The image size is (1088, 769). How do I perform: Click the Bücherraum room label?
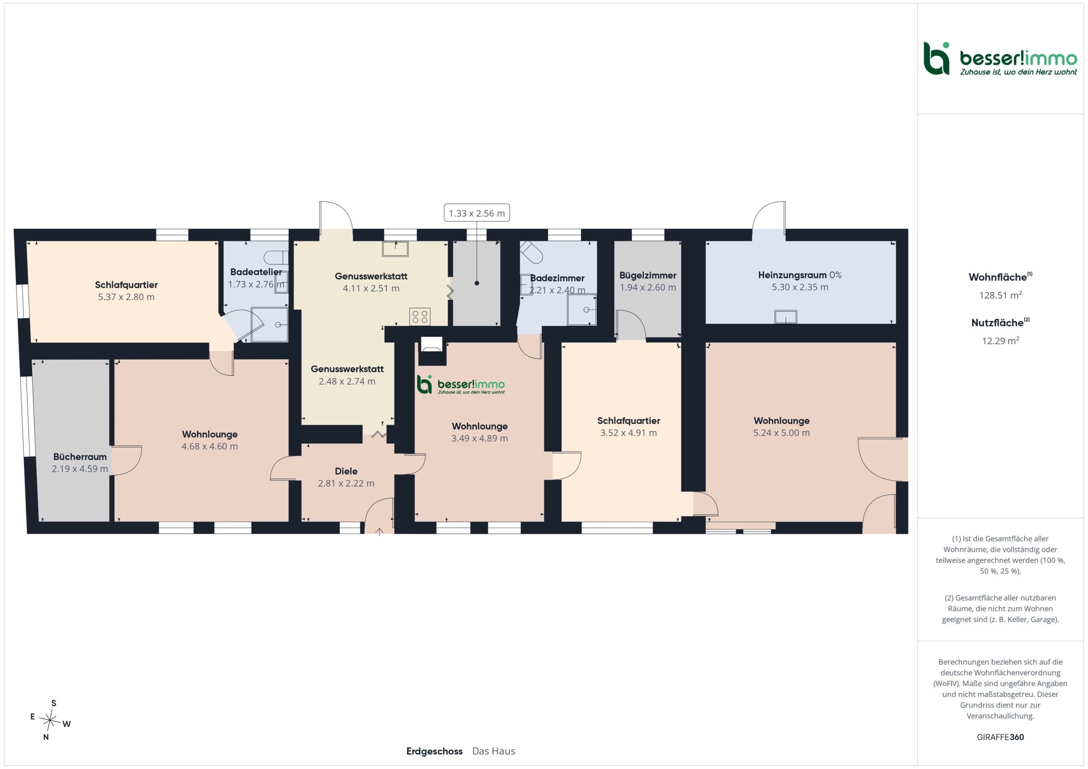(79, 457)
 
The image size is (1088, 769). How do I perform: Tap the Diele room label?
(346, 471)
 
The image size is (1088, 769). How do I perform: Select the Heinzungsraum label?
(792, 275)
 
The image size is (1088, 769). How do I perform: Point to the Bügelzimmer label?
(648, 276)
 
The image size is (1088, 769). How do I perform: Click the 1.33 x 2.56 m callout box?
(477, 213)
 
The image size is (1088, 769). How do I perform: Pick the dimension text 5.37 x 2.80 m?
(126, 297)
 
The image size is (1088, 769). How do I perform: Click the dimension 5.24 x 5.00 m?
(782, 433)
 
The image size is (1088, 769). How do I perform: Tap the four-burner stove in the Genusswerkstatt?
(420, 316)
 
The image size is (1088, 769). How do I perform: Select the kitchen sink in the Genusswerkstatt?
(395, 248)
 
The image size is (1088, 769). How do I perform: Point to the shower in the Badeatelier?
(269, 324)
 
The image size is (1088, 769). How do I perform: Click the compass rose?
(50, 720)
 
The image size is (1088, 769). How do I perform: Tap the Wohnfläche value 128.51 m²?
(1000, 295)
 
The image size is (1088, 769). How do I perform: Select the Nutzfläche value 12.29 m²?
(1000, 341)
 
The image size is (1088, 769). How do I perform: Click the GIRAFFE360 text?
(1000, 737)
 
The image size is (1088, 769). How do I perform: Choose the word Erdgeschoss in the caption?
(434, 751)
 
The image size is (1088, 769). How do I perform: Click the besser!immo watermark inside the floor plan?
(461, 385)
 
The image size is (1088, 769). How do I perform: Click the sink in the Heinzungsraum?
(786, 316)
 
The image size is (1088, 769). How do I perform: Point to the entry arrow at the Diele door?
(380, 532)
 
